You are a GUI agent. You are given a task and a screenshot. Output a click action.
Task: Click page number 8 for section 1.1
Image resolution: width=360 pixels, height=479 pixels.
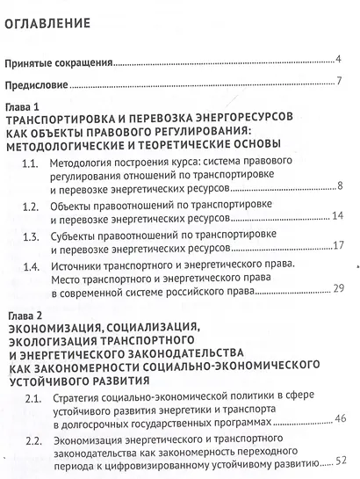(339, 185)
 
